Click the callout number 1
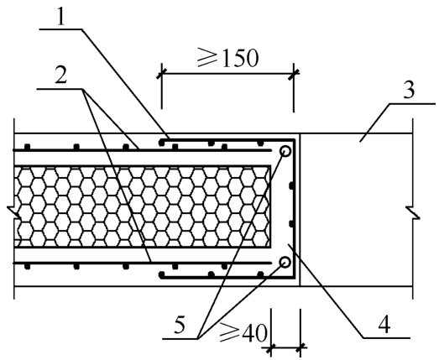pyautogui.click(x=60, y=17)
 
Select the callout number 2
pyautogui.click(x=61, y=75)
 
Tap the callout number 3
pyautogui.click(x=409, y=90)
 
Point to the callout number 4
pyautogui.click(x=384, y=325)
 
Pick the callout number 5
pyautogui.click(x=179, y=326)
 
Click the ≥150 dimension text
pyautogui.click(x=227, y=57)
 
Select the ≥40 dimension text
pyautogui.click(x=243, y=332)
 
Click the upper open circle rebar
pyautogui.click(x=285, y=151)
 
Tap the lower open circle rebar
pyautogui.click(x=285, y=263)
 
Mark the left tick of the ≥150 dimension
pyautogui.click(x=161, y=74)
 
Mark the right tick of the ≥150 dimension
pyautogui.click(x=294, y=74)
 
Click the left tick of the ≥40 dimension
pyautogui.click(x=271, y=348)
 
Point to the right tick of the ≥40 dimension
pyautogui.click(x=301, y=348)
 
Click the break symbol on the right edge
pyautogui.click(x=413, y=212)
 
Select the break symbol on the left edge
pyautogui.click(x=13, y=212)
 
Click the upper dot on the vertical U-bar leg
pyautogui.click(x=291, y=185)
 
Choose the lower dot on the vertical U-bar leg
pyautogui.click(x=291, y=224)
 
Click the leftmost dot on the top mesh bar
pyautogui.click(x=27, y=147)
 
